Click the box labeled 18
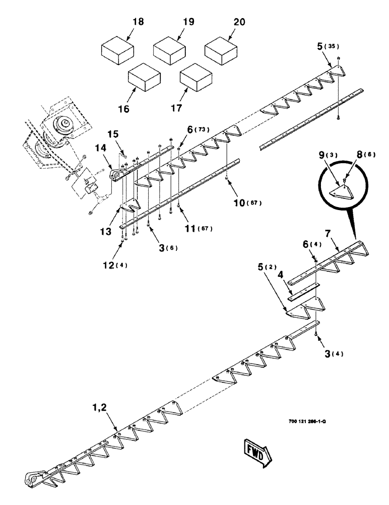point(117,49)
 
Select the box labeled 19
point(169,49)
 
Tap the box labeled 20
point(220,49)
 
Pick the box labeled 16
point(144,77)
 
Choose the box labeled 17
point(196,77)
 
